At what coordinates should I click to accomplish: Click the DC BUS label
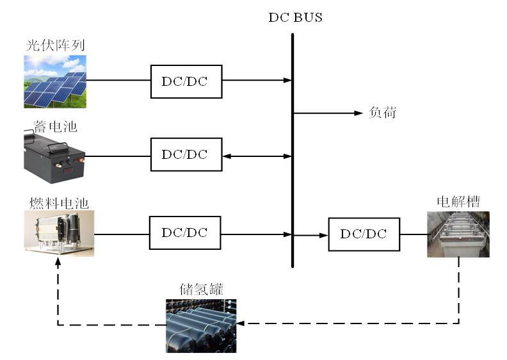[295, 17]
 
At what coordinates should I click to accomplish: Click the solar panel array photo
[55, 81]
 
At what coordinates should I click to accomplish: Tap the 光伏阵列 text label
[55, 45]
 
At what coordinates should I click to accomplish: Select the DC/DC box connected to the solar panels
[186, 81]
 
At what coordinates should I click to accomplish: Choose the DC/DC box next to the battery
[186, 154]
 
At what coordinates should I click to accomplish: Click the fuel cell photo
[59, 233]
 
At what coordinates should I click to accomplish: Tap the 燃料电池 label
[58, 203]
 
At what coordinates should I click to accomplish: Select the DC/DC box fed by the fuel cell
[185, 233]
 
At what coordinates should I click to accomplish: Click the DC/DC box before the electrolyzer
[364, 234]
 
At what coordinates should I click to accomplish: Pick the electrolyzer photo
[458, 234]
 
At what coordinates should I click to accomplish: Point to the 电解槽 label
[458, 202]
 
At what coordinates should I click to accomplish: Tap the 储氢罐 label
[200, 290]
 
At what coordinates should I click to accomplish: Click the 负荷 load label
[383, 113]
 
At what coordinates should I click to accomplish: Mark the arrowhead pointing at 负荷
[359, 113]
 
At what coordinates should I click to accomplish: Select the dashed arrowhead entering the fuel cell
[58, 261]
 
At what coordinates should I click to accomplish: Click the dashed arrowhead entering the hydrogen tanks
[241, 323]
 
